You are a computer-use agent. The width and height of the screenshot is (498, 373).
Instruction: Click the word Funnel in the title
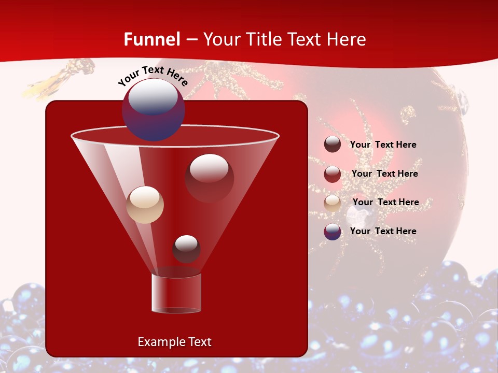152,39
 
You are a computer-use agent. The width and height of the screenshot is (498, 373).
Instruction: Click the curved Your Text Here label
153,76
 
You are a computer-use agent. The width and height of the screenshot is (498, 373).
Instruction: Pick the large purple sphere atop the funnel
153,109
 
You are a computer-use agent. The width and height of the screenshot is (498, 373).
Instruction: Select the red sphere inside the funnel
209,178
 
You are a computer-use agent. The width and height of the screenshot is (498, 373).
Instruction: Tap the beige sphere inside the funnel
145,205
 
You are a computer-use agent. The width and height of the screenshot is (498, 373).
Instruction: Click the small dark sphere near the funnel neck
186,249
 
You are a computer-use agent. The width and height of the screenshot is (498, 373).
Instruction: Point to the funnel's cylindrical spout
176,293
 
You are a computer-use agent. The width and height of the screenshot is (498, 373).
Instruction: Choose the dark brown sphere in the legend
333,145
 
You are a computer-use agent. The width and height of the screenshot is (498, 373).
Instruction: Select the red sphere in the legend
333,174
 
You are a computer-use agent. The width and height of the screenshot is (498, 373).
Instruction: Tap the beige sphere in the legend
333,203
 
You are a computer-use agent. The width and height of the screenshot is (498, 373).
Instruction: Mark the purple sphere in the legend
333,232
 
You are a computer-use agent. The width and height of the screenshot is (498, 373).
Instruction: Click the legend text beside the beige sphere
386,202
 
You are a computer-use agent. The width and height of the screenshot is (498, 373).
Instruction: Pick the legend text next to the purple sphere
383,231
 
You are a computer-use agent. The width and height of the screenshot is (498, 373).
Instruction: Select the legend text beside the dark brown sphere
383,145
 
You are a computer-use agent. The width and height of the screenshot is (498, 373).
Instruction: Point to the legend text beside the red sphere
385,174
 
